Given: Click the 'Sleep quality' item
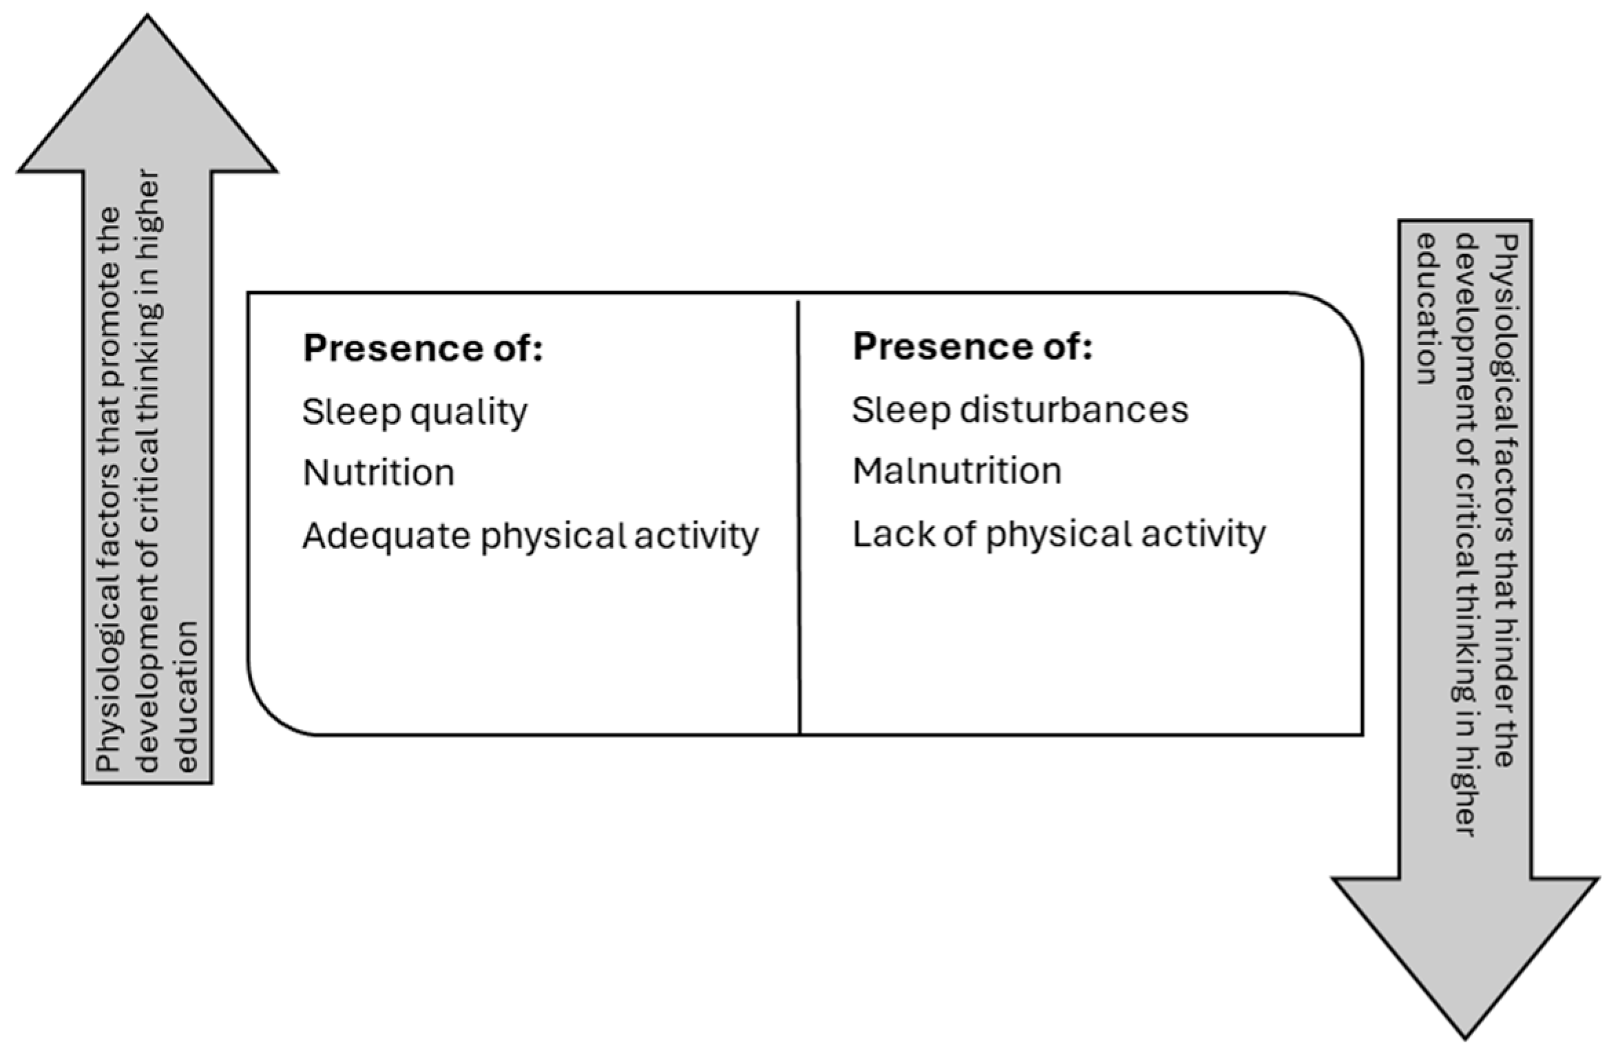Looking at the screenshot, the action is pos(415,412).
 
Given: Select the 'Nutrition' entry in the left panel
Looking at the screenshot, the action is pos(379,473).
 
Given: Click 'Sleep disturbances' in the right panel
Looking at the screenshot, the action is pos(1020,410).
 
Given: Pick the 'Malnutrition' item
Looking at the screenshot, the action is pos(957,471).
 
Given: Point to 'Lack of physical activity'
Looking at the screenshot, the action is pos(1059,535).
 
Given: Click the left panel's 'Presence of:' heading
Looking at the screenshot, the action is pos(423,348).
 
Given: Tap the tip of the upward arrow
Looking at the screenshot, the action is pos(147,16).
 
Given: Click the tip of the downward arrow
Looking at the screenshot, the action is pos(1464,1038).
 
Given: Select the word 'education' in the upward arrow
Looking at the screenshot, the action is pos(188,696).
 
